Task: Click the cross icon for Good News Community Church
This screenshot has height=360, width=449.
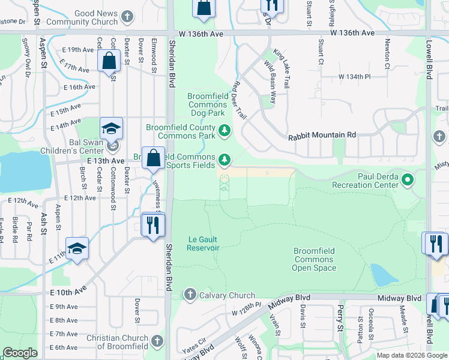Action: [127, 16]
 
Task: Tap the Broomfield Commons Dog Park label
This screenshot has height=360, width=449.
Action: [207, 104]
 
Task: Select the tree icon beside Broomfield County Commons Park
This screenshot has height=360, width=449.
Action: [224, 130]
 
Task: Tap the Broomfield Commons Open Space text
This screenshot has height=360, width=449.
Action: [313, 259]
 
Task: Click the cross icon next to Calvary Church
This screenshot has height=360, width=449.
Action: [190, 294]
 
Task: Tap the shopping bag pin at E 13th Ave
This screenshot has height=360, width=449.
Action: [153, 158]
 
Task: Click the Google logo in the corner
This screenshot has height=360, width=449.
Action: [20, 353]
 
